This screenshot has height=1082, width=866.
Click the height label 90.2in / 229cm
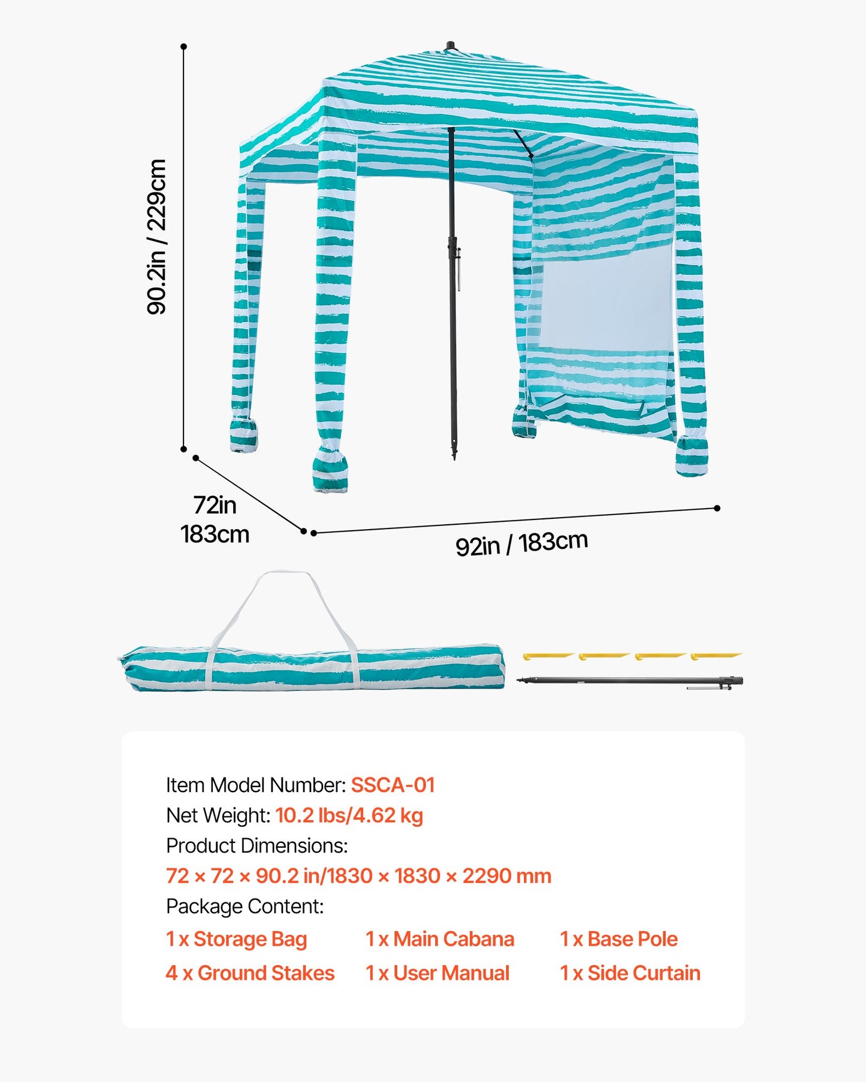coord(157,237)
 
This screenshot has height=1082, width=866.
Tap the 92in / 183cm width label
coord(521,543)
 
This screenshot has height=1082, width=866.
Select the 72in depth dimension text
coord(215,505)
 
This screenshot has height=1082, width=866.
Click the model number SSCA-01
coord(393,785)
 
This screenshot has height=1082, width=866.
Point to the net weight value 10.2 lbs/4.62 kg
coord(349,815)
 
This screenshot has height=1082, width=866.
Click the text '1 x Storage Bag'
coord(236,939)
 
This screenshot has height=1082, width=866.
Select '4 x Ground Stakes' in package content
coord(250,973)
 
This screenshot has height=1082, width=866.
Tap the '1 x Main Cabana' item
coord(440,939)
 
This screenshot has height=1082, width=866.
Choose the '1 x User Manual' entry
coord(437,973)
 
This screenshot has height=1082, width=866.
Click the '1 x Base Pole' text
coord(618,939)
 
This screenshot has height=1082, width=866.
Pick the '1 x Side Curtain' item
coord(630,973)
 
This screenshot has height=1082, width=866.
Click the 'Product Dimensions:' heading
coord(257,846)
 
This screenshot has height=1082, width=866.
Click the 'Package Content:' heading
coord(245,906)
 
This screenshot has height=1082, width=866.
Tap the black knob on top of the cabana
coord(450,46)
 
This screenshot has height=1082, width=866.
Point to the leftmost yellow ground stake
coord(547,657)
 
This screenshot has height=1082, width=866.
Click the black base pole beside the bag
coord(629,681)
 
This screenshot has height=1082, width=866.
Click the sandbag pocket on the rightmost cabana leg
coord(692,458)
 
